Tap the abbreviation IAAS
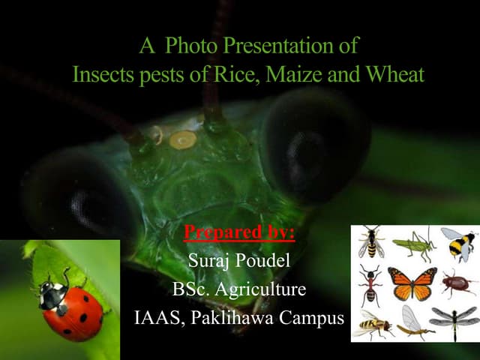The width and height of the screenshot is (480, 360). point(158,317)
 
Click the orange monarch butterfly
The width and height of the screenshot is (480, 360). point(412,283)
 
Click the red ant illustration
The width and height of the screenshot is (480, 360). point(369,285)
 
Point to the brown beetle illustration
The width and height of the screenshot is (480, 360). point(457,283)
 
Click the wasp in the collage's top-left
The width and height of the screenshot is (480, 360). point(370,243)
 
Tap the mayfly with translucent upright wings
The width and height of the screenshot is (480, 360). point(413,322)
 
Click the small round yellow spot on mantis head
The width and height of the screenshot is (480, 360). point(182,139)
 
